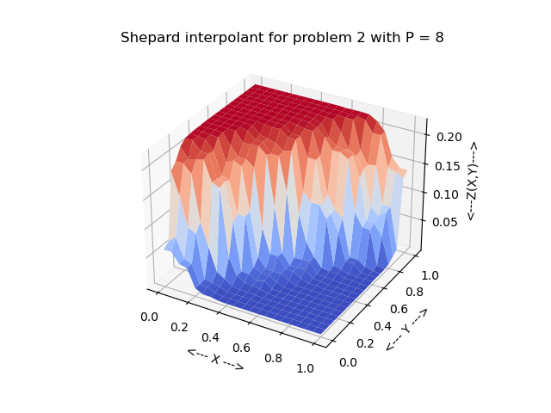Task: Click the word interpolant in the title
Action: [x=214, y=38]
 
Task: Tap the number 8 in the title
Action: [x=439, y=38]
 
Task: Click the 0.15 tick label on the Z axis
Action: [x=448, y=166]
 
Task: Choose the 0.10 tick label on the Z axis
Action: [x=447, y=194]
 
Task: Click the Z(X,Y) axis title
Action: [x=472, y=181]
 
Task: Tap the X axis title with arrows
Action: [x=215, y=359]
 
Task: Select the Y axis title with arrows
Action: [x=406, y=329]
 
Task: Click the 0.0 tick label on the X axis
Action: [x=149, y=317]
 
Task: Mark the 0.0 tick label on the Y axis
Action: [x=348, y=362]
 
